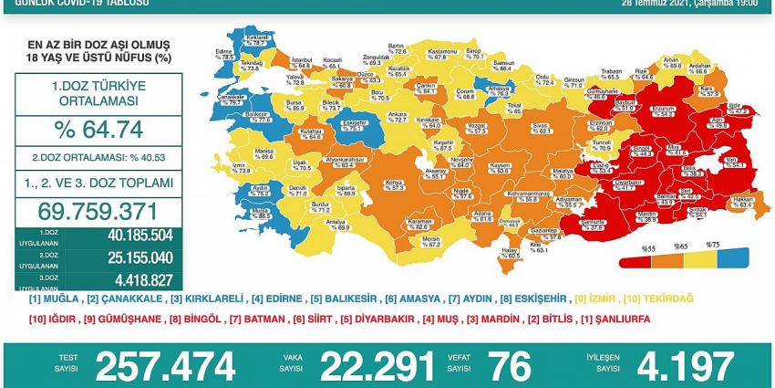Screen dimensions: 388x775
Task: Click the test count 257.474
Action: [x=165, y=366]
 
